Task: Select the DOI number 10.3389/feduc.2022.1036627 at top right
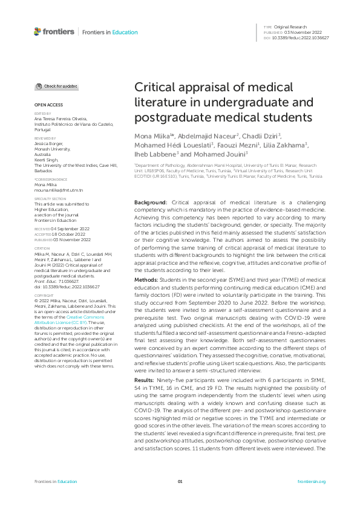(x=301, y=37)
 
